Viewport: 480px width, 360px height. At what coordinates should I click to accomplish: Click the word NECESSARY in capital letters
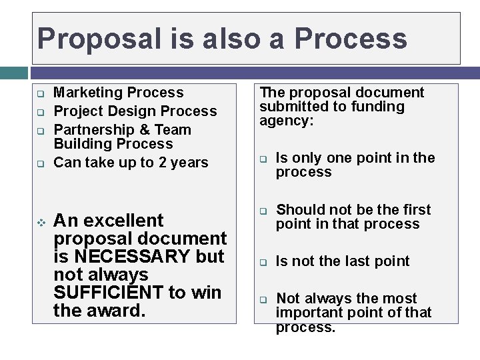pos(131,257)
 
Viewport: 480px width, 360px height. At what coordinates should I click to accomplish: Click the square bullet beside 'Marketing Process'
pos(40,93)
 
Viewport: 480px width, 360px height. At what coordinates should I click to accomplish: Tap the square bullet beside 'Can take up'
pos(40,163)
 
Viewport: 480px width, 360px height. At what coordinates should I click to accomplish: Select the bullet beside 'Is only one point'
pos(263,159)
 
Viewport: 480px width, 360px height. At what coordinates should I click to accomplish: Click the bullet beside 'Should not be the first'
pos(263,211)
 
